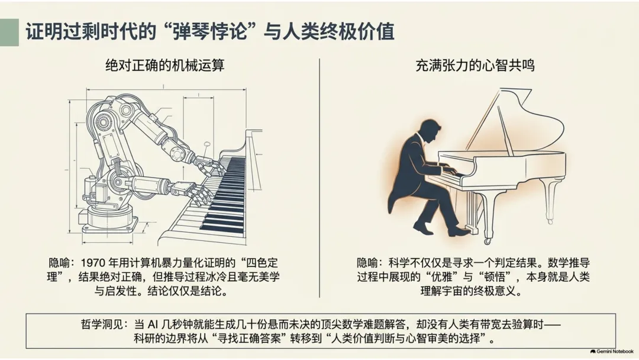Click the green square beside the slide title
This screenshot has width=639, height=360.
tap(9, 32)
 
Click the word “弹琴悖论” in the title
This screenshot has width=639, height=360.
tap(211, 32)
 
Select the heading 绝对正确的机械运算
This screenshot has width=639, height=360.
tap(164, 65)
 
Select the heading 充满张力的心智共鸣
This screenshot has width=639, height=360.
tap(475, 65)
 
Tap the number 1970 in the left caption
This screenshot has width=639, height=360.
tap(93, 263)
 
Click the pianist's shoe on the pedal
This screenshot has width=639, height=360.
tap(459, 232)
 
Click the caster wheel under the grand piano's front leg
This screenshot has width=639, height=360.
tap(487, 241)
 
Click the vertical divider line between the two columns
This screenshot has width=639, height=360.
tap(319, 178)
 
